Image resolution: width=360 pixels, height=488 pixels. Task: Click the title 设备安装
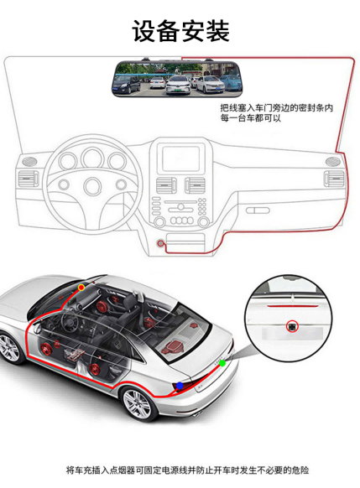[x=180, y=31]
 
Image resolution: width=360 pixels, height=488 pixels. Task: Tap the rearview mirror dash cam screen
[x=176, y=78]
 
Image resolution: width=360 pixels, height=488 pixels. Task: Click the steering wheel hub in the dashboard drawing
[x=93, y=186]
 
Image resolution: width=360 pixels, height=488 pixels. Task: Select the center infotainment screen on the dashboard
[x=181, y=158]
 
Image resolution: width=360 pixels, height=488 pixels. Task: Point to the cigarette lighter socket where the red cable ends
[x=160, y=243]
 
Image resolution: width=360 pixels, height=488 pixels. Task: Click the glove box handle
[x=258, y=210]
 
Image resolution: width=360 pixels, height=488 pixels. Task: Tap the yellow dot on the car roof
[x=81, y=288]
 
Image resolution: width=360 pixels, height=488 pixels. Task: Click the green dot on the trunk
[x=222, y=363]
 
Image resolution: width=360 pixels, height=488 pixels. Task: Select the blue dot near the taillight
[x=180, y=386]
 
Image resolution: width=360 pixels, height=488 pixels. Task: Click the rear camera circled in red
[x=292, y=326]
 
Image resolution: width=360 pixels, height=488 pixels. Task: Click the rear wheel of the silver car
[x=137, y=403]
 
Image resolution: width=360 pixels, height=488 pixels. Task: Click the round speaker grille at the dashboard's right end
[x=332, y=162]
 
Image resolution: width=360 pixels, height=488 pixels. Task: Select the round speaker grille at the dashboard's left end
[x=29, y=162]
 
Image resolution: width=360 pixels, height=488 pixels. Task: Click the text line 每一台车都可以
[x=251, y=118]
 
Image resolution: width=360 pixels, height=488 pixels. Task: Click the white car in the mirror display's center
[x=178, y=84]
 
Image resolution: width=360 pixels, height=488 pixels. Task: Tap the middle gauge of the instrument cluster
[x=93, y=158]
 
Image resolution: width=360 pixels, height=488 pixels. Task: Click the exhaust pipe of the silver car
[x=197, y=413]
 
